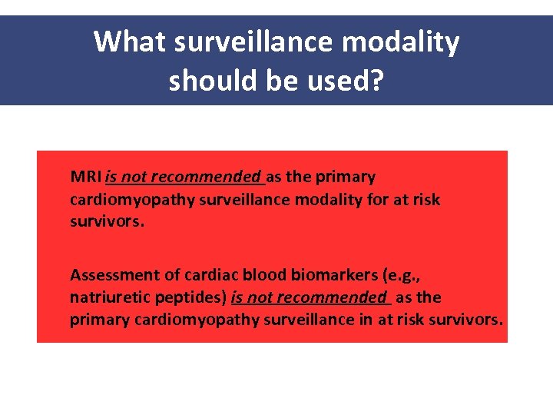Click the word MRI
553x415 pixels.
coord(85,177)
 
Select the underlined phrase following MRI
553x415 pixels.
coord(184,177)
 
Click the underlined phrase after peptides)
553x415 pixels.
coord(309,297)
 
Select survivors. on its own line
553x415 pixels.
coord(101,221)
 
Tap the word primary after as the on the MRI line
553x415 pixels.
coord(349,177)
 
